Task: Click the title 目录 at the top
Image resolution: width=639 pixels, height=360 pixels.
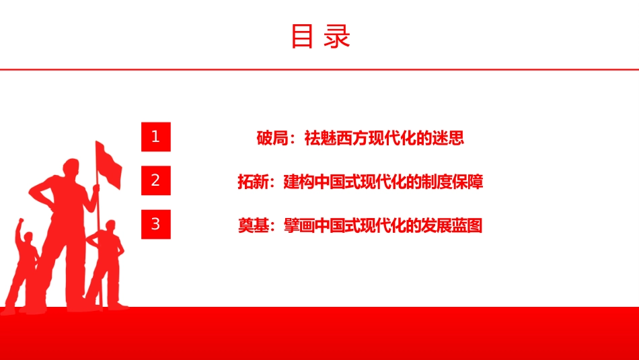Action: (x=321, y=36)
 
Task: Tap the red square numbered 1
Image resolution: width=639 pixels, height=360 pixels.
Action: (x=155, y=137)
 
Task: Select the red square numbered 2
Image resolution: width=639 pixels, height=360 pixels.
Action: (x=155, y=180)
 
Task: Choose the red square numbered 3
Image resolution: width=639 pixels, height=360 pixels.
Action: (x=155, y=224)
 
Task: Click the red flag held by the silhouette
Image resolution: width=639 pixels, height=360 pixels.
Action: (x=108, y=165)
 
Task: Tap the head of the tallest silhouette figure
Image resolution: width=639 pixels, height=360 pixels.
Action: (x=72, y=167)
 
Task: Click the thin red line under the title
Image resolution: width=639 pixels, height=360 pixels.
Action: (x=319, y=70)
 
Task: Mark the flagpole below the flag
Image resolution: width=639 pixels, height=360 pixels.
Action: (x=98, y=245)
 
